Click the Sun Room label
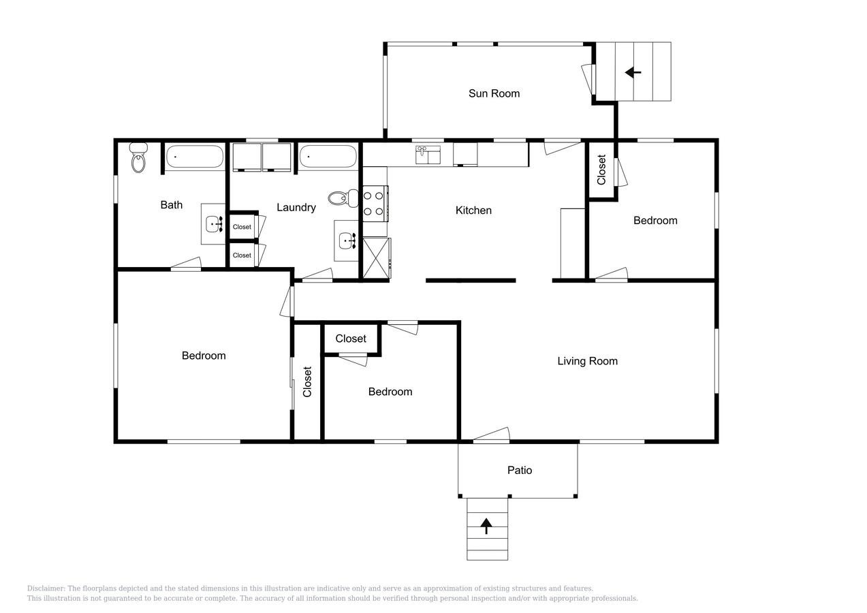(494, 94)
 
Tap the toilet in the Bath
(138, 157)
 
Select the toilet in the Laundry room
(343, 198)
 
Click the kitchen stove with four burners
(375, 204)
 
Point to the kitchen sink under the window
(428, 155)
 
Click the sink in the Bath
(215, 224)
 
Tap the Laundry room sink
(347, 241)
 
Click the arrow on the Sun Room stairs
(633, 72)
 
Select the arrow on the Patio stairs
(486, 526)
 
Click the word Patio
(520, 470)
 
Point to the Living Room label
(587, 361)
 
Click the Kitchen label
(473, 210)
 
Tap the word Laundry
(296, 208)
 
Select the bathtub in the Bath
(195, 157)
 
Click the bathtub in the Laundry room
(328, 157)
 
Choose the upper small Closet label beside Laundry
(242, 227)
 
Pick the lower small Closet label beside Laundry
(242, 255)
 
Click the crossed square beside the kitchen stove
(377, 258)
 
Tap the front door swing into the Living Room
(491, 435)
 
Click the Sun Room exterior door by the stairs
(588, 78)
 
